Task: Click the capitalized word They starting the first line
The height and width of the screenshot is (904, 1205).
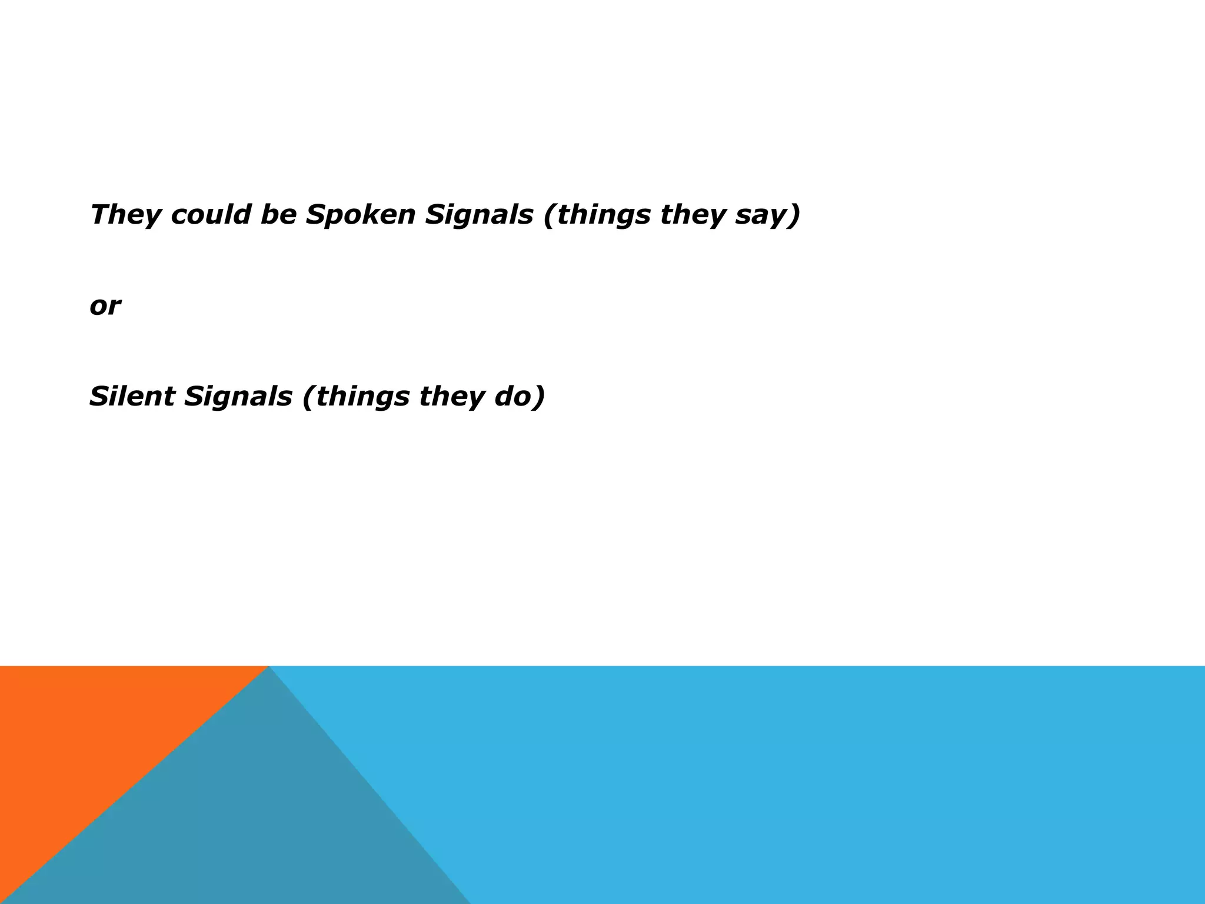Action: tap(125, 215)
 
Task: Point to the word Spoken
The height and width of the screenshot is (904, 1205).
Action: tap(361, 215)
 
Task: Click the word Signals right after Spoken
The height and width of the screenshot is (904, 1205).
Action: tap(479, 215)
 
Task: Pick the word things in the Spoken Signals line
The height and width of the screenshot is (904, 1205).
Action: tap(604, 215)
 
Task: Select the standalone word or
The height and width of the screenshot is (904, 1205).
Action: tap(105, 306)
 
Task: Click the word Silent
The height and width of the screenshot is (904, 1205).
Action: tap(132, 396)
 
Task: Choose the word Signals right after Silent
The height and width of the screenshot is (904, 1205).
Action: tap(238, 397)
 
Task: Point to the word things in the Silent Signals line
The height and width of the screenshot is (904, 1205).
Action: tap(362, 397)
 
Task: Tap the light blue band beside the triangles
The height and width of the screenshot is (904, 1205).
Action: tap(824, 783)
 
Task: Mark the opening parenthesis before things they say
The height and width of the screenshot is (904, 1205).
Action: tap(549, 215)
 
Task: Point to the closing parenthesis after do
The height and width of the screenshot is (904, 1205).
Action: tap(539, 397)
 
